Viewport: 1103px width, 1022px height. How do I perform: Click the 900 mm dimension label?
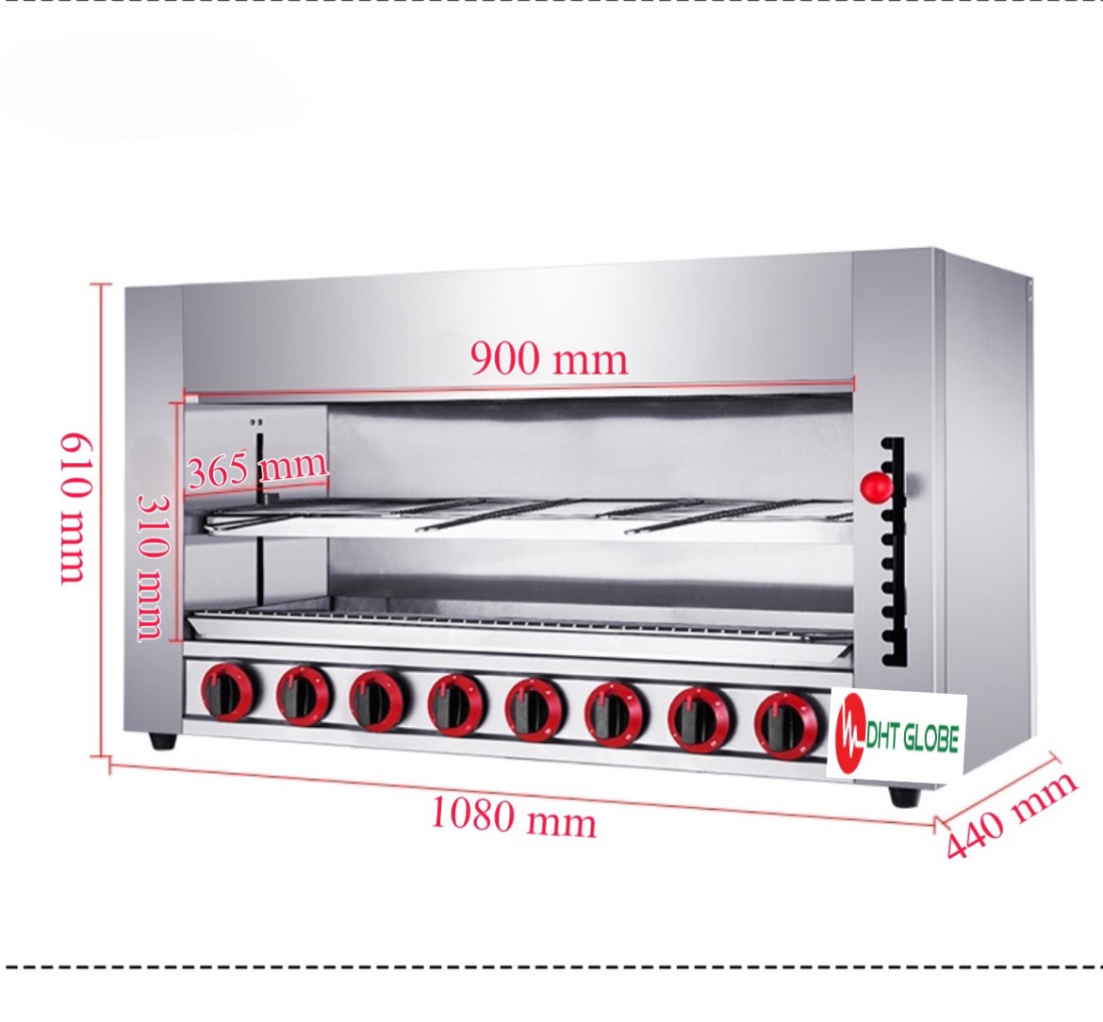click(x=549, y=358)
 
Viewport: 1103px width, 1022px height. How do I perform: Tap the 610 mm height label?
click(x=74, y=508)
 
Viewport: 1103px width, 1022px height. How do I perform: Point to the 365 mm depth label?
click(x=257, y=468)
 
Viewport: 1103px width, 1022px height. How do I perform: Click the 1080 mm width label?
click(x=514, y=817)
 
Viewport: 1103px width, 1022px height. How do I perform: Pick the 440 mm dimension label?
click(x=1011, y=815)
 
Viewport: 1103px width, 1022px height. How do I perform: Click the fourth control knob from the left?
click(x=457, y=705)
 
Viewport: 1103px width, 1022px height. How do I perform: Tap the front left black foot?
click(x=163, y=741)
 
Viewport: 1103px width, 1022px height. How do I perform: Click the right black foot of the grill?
click(x=904, y=797)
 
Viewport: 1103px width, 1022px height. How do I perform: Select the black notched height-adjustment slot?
click(x=892, y=552)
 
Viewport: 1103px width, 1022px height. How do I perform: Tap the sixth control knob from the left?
click(x=614, y=712)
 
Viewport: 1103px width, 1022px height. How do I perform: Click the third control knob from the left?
click(x=379, y=700)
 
